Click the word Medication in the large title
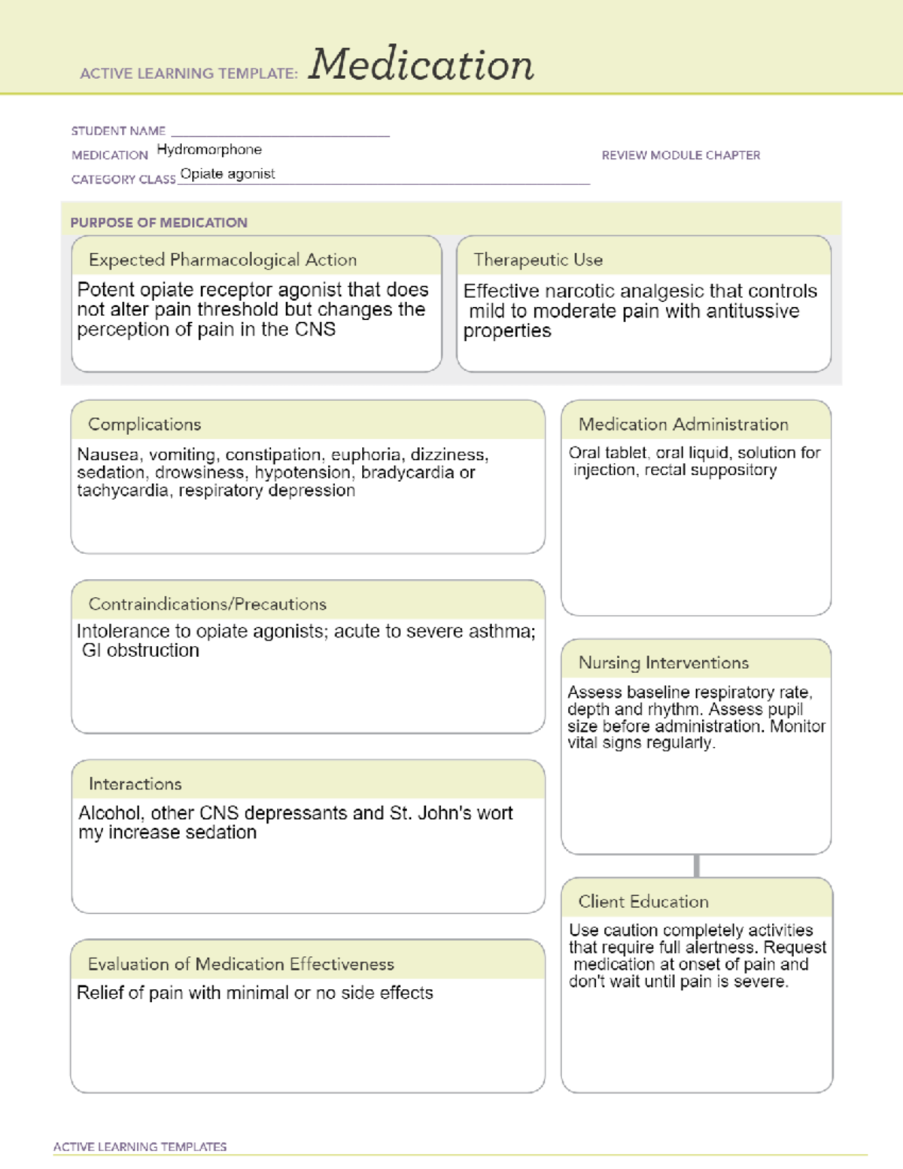[x=421, y=65]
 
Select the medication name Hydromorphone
[x=209, y=150]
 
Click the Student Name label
[x=118, y=131]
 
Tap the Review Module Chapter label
[x=680, y=155]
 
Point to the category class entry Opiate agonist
[x=227, y=174]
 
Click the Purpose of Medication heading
[x=159, y=223]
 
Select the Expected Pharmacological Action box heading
[x=223, y=260]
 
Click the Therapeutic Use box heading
[x=538, y=260]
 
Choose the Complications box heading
[x=144, y=425]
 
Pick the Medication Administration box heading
[x=683, y=425]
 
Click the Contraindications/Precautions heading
[x=208, y=604]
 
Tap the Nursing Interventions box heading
[x=664, y=663]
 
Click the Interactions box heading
[x=135, y=784]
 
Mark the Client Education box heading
[x=643, y=902]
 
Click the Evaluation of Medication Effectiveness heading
[x=241, y=964]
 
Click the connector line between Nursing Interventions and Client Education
[x=697, y=866]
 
